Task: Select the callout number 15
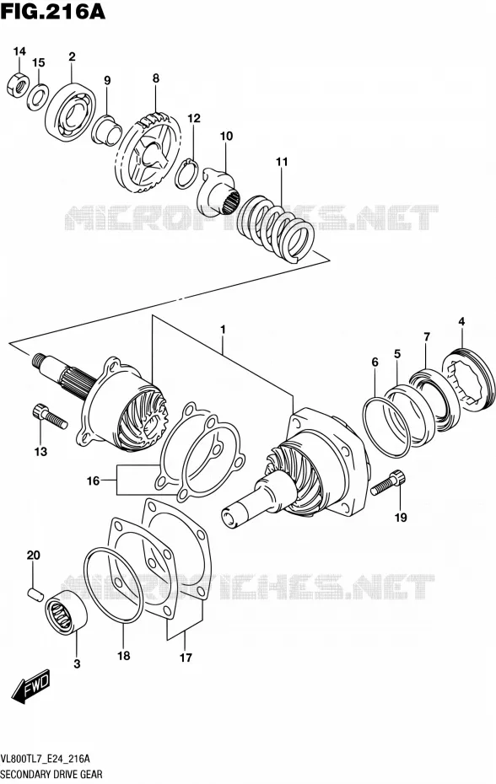pyautogui.click(x=39, y=62)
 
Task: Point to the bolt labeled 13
pyautogui.click(x=49, y=416)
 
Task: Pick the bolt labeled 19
pyautogui.click(x=388, y=482)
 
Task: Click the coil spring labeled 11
pyautogui.click(x=277, y=228)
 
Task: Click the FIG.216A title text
pyautogui.click(x=52, y=12)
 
